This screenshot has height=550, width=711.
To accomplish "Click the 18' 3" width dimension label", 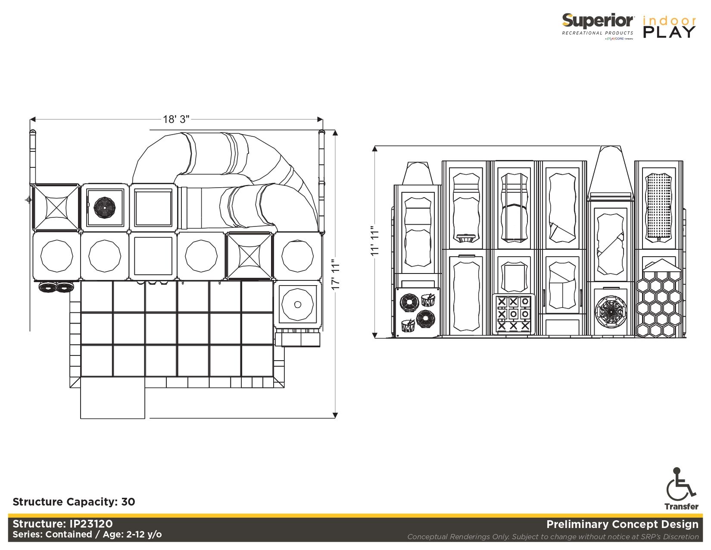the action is click(x=176, y=119).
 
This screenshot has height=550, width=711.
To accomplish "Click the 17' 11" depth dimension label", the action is click(x=336, y=274).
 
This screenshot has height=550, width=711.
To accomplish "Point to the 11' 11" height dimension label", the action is click(x=374, y=241).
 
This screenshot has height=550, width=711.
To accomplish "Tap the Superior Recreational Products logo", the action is click(x=598, y=26).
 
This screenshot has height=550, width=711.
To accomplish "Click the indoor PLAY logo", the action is click(x=669, y=27).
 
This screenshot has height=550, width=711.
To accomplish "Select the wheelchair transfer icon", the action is click(x=681, y=483).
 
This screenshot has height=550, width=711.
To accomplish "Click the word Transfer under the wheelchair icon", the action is click(x=681, y=506).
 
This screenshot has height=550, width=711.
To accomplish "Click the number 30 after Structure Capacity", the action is click(x=128, y=502).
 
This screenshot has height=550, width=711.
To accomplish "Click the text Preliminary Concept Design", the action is click(x=622, y=524).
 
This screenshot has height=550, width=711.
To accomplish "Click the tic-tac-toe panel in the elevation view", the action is click(x=513, y=314).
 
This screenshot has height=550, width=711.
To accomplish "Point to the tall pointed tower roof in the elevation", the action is click(x=611, y=173).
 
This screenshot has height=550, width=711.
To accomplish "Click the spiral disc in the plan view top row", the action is click(x=105, y=207).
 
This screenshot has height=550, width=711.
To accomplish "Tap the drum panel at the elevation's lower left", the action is click(x=417, y=312).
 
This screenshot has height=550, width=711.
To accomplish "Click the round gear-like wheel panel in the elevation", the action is click(x=610, y=311).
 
